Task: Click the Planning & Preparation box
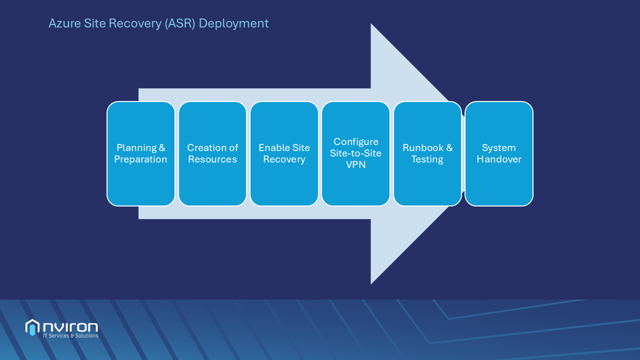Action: coord(141,153)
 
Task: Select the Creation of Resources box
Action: coord(212,153)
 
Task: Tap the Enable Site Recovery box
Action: coord(284,153)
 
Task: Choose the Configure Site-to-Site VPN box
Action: coord(355,153)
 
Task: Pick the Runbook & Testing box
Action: coord(427,153)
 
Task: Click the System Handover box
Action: coord(499,153)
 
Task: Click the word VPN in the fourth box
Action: coord(355,164)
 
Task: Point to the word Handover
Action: coord(499,159)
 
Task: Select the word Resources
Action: coord(212,159)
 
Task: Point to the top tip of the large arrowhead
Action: coord(371,24)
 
